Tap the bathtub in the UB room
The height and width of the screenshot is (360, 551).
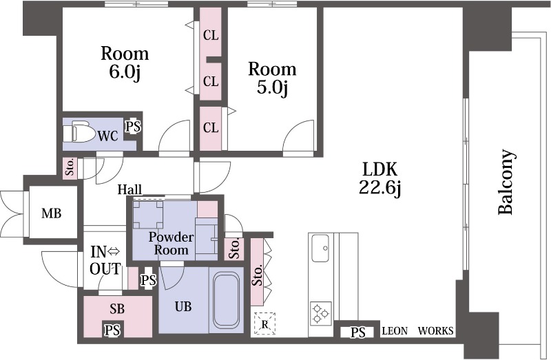point(226,300)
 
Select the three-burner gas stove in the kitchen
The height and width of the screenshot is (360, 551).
point(320,313)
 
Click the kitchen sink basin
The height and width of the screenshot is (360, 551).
point(320,248)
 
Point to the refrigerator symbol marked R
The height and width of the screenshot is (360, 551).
point(264,324)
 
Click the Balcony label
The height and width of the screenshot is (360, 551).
point(506,182)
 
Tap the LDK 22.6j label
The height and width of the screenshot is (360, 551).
point(380,178)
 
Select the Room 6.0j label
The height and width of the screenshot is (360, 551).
point(125,63)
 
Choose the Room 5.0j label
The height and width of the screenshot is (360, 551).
point(272,78)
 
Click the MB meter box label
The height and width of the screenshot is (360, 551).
point(51,213)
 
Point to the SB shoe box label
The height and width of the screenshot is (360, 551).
point(117,309)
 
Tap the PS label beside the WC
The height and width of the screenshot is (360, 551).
point(134,127)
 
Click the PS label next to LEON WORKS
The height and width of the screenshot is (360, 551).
point(357,332)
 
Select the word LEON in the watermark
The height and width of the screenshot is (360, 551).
point(395,331)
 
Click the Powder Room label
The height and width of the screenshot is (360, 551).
point(171,244)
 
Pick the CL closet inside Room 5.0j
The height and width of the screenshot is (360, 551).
point(211,127)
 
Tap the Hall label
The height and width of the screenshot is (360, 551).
point(129,190)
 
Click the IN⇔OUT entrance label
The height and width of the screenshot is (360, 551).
point(105,260)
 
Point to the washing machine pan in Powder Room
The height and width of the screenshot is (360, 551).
point(149,215)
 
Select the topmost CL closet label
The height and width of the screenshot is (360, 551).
point(211,36)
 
